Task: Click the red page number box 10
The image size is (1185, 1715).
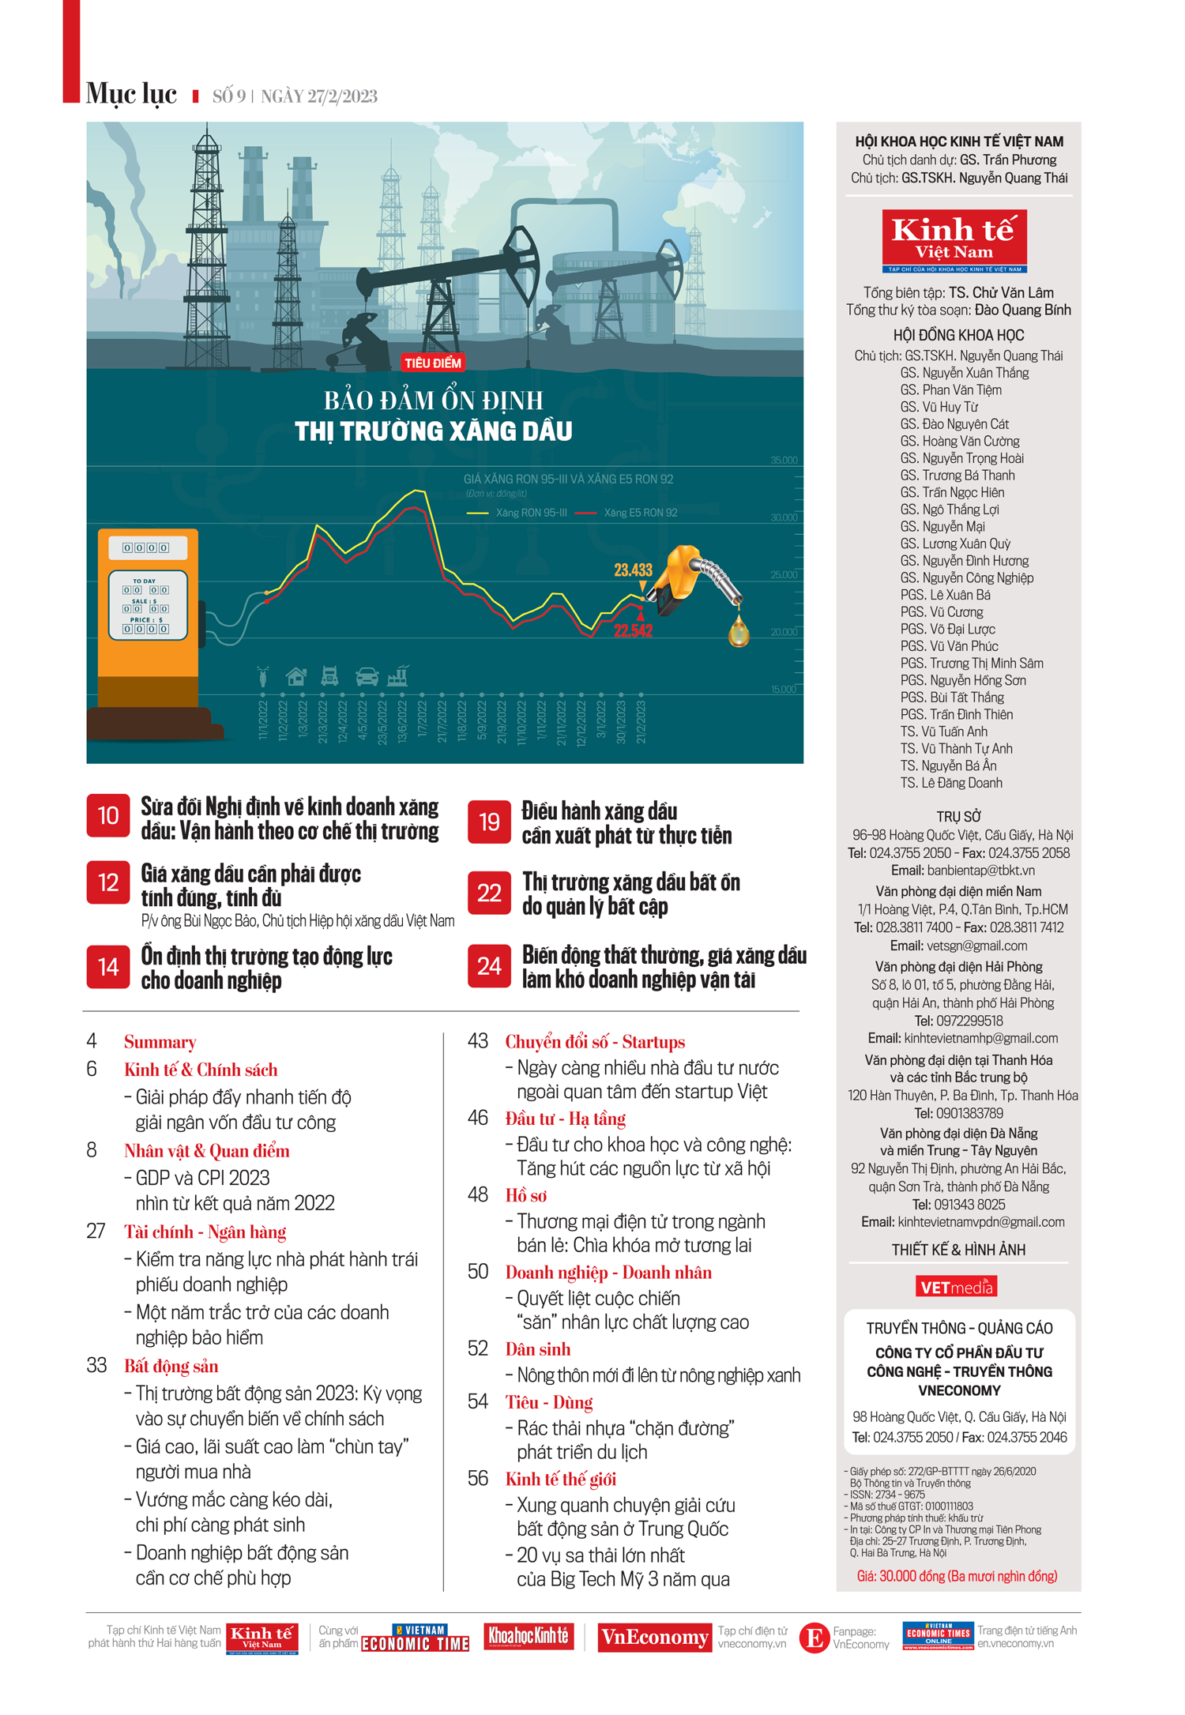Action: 107,816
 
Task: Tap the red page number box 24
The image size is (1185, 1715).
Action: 489,966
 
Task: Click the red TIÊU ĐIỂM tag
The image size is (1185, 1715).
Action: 432,363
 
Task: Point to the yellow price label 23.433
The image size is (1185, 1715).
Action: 633,570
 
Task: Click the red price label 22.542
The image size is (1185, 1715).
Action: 633,630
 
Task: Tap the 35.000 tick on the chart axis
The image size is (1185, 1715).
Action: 784,461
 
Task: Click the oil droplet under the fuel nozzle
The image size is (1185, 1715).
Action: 739,631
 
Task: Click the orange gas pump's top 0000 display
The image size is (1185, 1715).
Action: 146,547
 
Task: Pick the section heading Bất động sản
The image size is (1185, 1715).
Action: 171,1366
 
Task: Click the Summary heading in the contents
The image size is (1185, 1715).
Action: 160,1042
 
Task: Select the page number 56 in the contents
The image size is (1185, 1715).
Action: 478,1478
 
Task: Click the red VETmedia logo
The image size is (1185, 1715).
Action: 956,1287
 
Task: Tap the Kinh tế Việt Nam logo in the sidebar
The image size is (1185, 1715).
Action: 954,240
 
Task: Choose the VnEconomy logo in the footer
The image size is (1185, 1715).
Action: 653,1638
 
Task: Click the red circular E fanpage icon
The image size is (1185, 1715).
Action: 813,1638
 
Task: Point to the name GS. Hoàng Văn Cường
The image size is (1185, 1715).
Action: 959,441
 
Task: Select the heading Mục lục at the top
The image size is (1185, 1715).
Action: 131,93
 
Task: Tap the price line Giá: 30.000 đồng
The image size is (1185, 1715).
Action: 957,1576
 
